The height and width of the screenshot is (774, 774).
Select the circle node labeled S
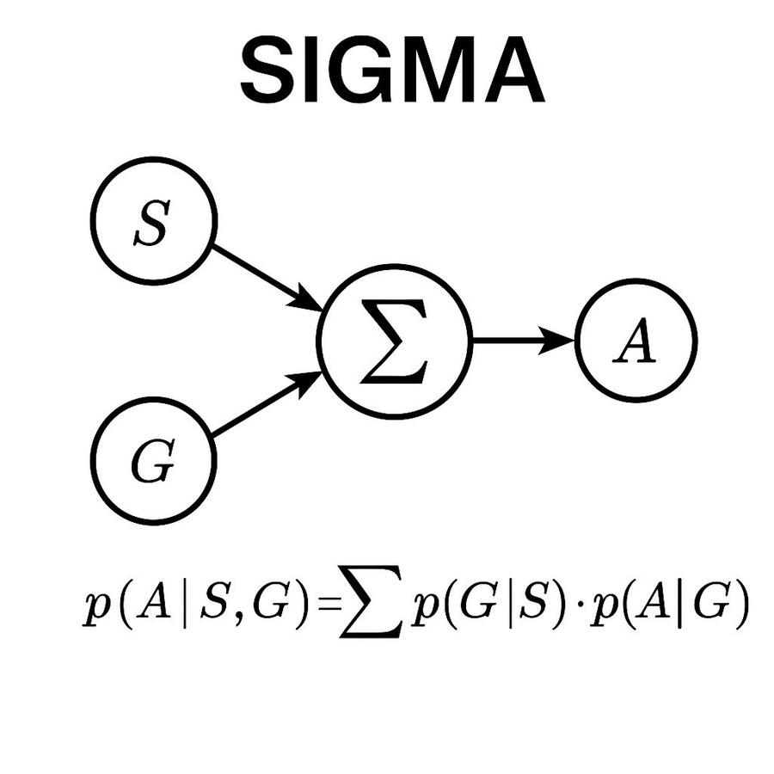click(x=153, y=221)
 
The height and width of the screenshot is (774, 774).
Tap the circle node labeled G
click(x=153, y=461)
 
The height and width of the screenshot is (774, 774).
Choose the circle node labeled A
click(x=636, y=341)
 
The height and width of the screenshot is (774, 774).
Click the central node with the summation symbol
click(x=395, y=341)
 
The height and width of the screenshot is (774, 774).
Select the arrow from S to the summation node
click(x=266, y=277)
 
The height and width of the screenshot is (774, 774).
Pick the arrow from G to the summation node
click(x=266, y=404)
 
